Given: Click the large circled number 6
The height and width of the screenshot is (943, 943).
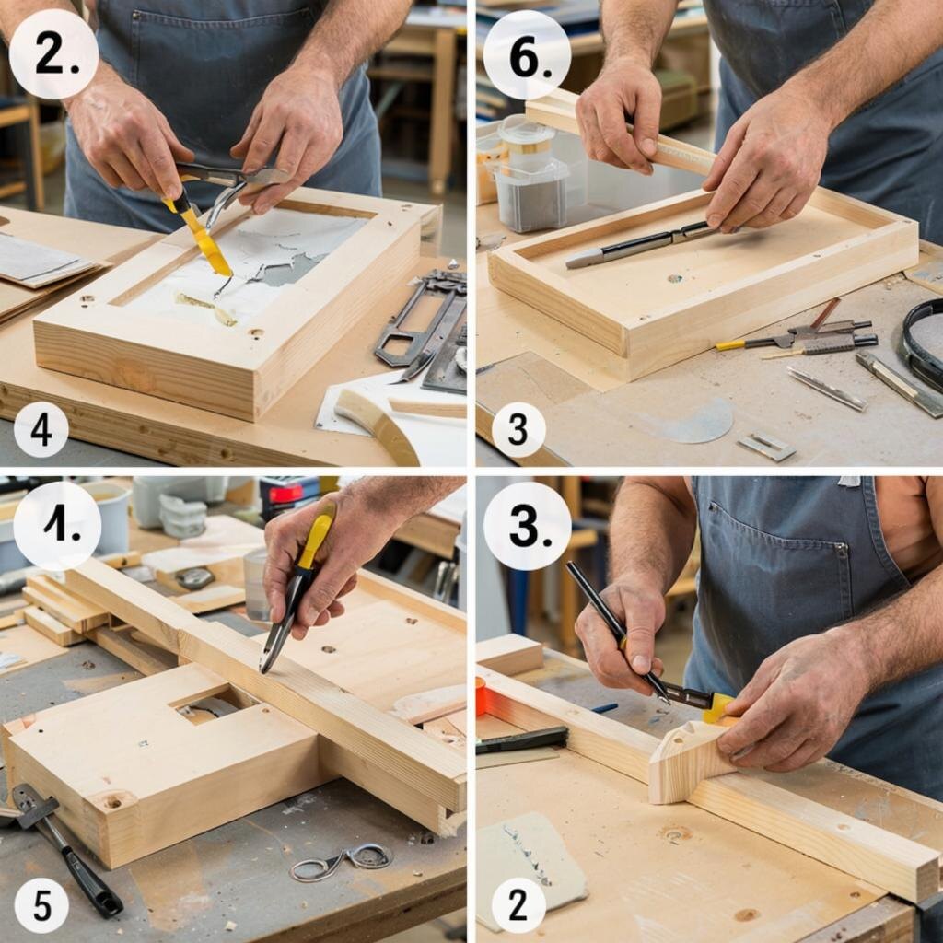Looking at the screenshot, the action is pos(527,55).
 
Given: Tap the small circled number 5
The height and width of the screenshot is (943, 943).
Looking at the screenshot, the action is pos(41,905).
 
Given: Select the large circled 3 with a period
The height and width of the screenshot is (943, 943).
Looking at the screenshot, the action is pos(527,526).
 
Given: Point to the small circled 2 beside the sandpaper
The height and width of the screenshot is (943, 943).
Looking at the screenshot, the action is pos(518,904).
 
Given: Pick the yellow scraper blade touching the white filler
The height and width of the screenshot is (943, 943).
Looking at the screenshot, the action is pos(202,239).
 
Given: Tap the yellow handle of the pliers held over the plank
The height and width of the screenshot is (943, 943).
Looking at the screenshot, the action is pos(315,535).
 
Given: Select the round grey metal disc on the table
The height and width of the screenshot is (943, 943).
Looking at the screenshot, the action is pos(702,420).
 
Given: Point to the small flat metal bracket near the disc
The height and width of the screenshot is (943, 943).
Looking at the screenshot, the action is pos(767,447).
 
